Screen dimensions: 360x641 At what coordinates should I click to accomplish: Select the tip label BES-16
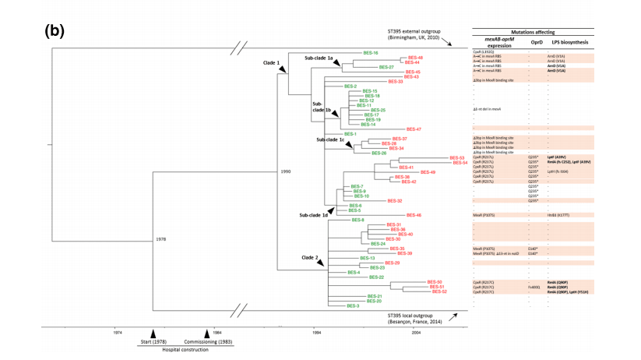(x=370, y=52)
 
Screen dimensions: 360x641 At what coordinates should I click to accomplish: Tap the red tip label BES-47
(x=414, y=129)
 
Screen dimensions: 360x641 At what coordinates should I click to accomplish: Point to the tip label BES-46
(x=414, y=215)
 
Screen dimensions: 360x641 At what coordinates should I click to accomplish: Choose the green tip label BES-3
(x=353, y=306)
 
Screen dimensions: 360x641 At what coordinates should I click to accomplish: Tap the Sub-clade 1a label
(x=319, y=58)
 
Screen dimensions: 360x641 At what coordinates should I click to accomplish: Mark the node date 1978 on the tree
(x=160, y=238)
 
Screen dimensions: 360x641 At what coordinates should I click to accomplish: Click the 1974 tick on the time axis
(x=117, y=332)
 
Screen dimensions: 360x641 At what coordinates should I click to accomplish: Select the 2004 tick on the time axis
(x=417, y=332)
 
